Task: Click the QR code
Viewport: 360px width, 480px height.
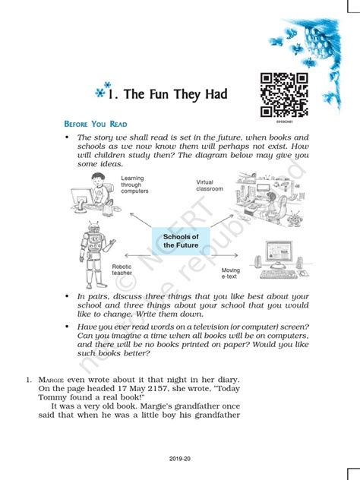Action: (284, 93)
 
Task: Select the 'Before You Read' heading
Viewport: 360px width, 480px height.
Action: (95, 124)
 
